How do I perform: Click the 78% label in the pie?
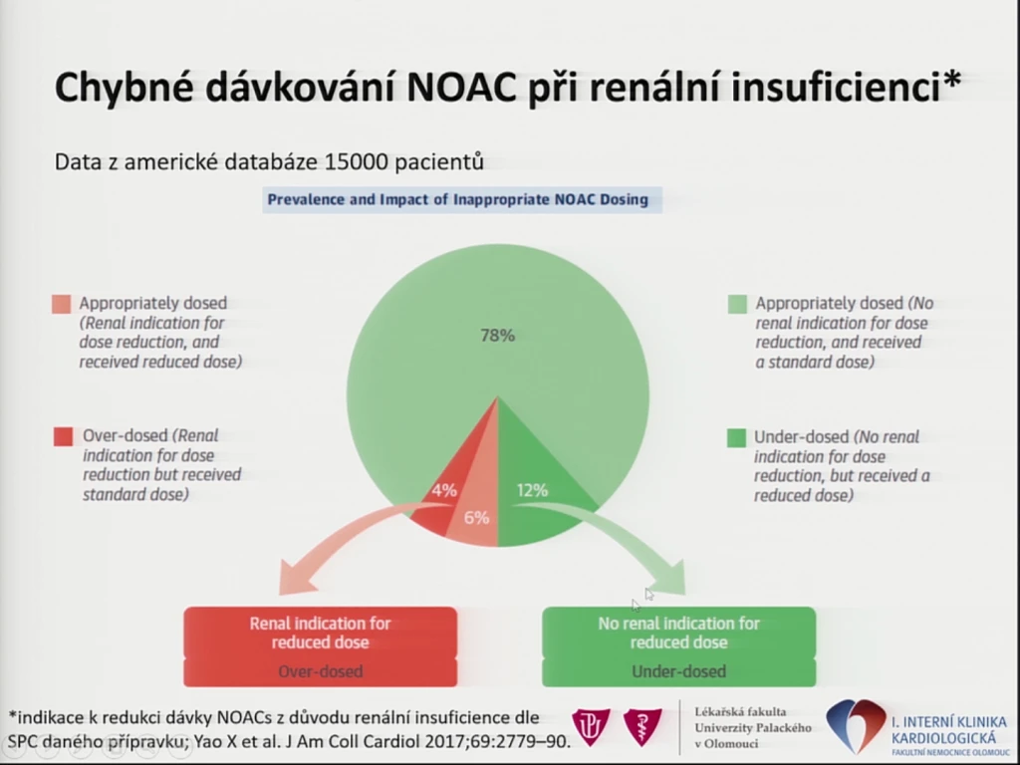(498, 335)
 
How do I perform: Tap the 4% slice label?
(444, 490)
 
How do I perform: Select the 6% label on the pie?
(476, 517)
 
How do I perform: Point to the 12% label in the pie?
(532, 490)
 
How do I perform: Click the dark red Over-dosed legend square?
(63, 436)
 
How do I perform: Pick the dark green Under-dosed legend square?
(736, 438)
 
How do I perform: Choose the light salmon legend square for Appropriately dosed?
(61, 304)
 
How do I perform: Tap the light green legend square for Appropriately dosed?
(738, 304)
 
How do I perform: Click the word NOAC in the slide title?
(461, 88)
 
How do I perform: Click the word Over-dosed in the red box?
(320, 671)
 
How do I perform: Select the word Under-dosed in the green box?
(678, 671)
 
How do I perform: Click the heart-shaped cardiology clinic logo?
(856, 725)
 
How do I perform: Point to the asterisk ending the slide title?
(951, 81)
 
